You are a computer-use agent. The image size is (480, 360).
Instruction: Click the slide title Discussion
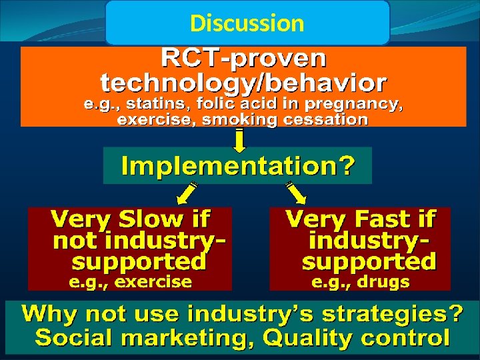[247, 23]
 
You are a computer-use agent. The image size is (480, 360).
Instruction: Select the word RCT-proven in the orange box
[244, 59]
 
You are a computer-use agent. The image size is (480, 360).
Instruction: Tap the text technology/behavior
[244, 83]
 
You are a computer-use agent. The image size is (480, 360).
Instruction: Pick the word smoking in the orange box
[233, 120]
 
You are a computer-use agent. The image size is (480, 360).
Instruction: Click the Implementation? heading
[237, 165]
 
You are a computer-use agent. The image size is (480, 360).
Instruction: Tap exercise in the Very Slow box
[153, 282]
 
